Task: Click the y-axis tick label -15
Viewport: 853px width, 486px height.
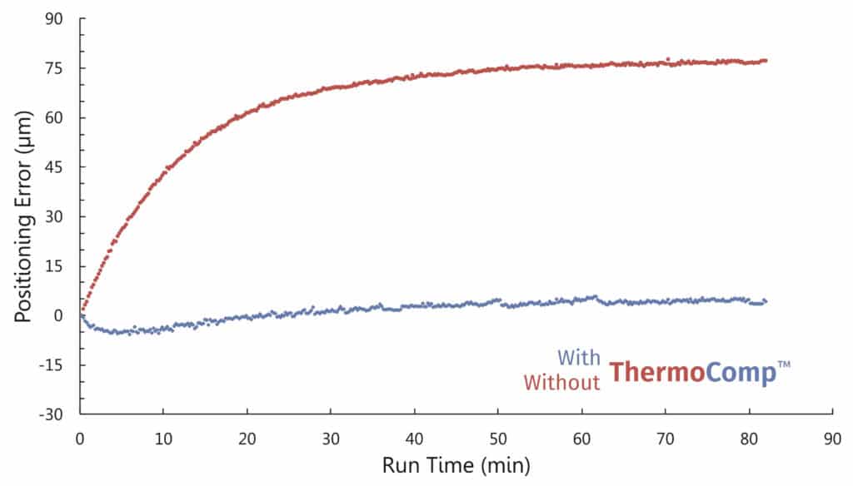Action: click(57, 365)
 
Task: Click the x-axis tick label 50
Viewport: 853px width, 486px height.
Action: click(498, 435)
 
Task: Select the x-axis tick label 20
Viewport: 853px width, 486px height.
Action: click(247, 435)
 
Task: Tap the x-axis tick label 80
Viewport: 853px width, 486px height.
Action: click(749, 435)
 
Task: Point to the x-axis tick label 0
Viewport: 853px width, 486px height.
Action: click(80, 435)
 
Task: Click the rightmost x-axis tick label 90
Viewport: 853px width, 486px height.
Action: click(833, 435)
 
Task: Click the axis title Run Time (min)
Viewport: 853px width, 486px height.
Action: click(456, 463)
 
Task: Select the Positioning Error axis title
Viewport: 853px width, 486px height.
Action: click(25, 217)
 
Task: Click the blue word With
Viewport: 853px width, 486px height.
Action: click(578, 359)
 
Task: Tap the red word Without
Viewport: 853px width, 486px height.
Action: click(561, 382)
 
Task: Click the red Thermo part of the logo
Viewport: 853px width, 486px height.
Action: click(656, 372)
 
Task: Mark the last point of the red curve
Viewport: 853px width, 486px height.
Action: click(765, 61)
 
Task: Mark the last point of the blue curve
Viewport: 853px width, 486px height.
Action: click(765, 300)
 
